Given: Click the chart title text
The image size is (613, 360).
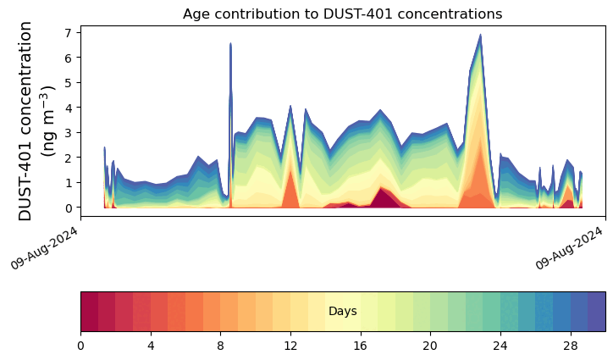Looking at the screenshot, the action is [342, 14].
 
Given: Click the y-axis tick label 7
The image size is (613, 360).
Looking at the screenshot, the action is [69, 32].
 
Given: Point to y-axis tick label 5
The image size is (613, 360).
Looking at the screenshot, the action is [69, 82].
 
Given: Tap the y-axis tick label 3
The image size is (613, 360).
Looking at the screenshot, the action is [69, 133].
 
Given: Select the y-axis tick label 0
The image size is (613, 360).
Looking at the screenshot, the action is [69, 208].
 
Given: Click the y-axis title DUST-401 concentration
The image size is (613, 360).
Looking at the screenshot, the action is [25, 121].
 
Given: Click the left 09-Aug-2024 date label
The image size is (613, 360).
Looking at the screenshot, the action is [44, 248].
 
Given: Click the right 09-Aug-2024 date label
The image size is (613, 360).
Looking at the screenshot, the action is [569, 248].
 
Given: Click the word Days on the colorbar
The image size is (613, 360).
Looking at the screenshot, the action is [342, 312].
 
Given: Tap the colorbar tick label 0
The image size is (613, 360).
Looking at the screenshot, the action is [81, 346].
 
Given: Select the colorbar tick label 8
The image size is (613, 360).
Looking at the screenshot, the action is [220, 346].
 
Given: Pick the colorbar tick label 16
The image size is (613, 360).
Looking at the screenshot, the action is [361, 346].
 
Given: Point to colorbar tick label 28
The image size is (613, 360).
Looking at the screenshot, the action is [571, 346].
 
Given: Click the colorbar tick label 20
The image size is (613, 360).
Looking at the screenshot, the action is [430, 346].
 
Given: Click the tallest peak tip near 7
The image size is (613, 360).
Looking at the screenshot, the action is [480, 35].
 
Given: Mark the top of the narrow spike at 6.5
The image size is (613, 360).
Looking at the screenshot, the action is [230, 43].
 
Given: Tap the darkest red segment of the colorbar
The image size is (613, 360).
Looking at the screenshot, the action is [90, 312].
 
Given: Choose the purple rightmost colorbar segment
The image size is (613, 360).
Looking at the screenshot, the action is [597, 312].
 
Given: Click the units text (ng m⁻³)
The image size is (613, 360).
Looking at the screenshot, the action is [49, 121].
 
